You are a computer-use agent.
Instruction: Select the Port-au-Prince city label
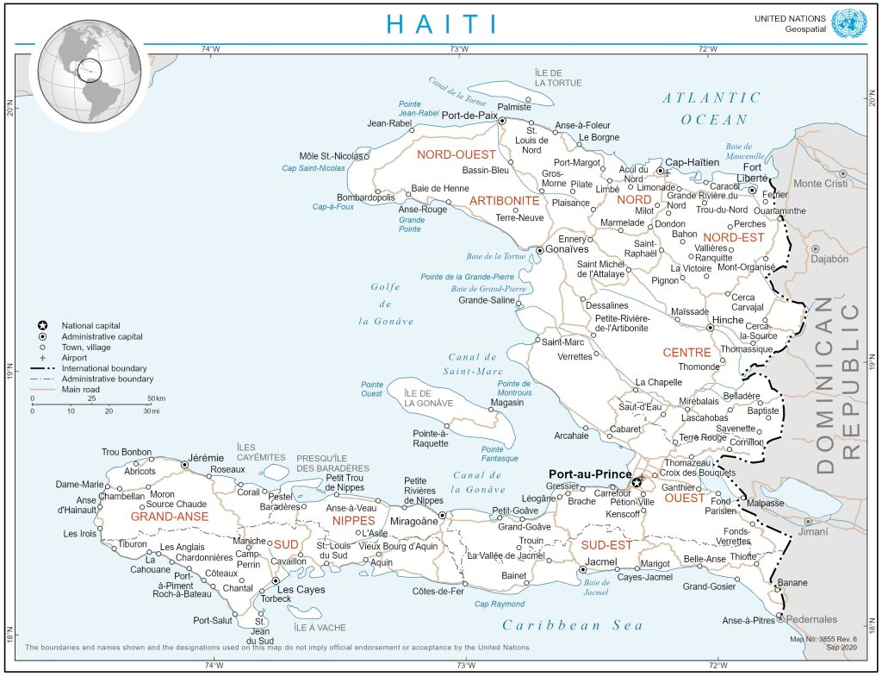click(592, 473)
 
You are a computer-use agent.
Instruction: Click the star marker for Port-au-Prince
click(637, 483)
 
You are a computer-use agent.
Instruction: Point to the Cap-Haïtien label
click(693, 161)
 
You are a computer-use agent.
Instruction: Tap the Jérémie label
click(206, 457)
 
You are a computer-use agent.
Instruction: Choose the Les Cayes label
click(298, 589)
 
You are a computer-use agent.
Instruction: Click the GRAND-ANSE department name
click(171, 517)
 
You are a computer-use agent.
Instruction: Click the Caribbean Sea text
click(575, 624)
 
